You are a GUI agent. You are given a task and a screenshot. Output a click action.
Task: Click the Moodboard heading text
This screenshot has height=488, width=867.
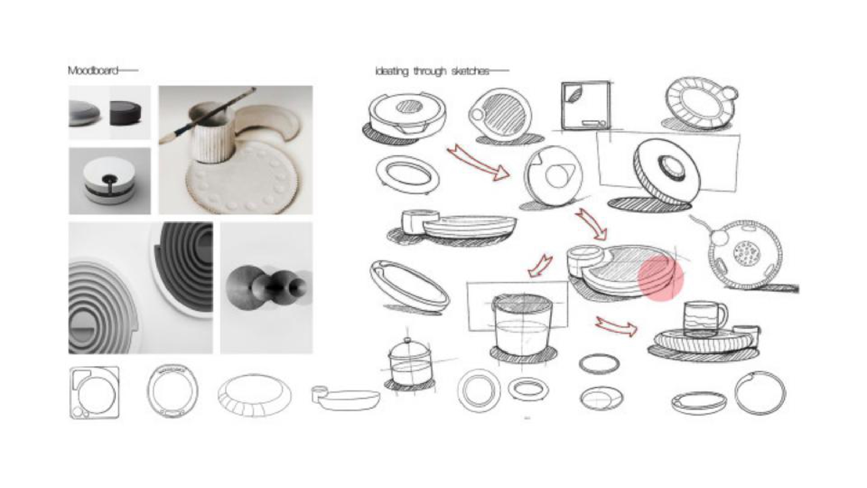(93, 70)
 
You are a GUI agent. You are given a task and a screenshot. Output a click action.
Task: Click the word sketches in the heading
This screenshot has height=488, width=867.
(470, 71)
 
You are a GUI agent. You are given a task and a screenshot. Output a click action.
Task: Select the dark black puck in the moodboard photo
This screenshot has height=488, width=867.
(126, 113)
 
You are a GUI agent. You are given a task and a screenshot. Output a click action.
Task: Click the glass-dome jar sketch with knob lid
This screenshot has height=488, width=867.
(407, 362)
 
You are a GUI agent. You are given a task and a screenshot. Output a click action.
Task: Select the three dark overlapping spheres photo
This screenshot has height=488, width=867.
(266, 287)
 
